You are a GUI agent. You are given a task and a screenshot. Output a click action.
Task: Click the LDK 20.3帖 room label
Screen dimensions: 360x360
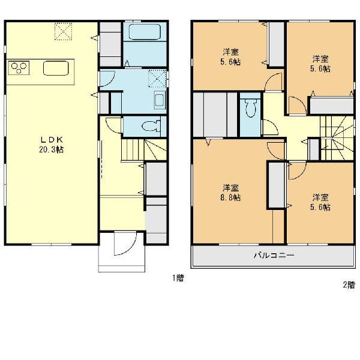tap(51, 145)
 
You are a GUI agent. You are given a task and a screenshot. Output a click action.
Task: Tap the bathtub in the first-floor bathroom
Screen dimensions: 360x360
tap(145, 32)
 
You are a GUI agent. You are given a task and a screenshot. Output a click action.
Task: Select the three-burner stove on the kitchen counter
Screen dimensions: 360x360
tap(19, 67)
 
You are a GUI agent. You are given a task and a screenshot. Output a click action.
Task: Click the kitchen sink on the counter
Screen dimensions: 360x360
tap(56, 68)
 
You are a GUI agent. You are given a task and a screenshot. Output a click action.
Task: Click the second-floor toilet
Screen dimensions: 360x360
tap(250, 108)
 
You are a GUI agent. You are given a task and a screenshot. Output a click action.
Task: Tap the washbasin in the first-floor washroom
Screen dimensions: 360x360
tap(160, 100)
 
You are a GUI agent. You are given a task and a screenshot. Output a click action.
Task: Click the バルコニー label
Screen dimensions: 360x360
tap(274, 255)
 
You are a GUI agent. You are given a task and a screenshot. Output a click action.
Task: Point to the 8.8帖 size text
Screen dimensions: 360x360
tap(230, 197)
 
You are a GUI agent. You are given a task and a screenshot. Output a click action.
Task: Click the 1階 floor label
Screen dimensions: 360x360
tap(178, 278)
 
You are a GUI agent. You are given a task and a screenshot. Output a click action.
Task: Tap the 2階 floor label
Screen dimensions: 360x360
tap(349, 285)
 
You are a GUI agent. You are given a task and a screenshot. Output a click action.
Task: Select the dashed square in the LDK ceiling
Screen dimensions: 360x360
tap(63, 31)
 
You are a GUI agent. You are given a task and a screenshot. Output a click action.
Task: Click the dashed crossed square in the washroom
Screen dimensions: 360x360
tap(157, 79)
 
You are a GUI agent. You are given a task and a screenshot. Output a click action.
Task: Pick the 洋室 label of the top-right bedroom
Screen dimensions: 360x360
tap(320, 59)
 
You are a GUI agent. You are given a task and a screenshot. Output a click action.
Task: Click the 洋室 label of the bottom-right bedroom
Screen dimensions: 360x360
tap(320, 197)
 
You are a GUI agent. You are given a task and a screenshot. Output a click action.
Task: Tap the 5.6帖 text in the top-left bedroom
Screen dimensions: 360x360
tap(230, 62)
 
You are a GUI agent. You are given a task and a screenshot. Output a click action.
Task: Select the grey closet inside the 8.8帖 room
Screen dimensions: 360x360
tap(277, 185)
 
